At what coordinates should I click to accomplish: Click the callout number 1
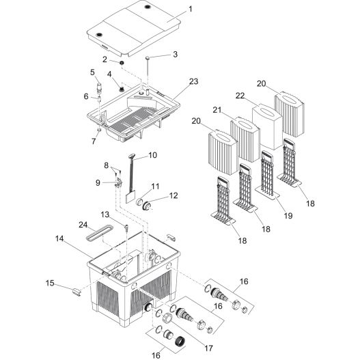pyautogui.click(x=190, y=9)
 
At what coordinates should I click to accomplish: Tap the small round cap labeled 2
pyautogui.click(x=122, y=64)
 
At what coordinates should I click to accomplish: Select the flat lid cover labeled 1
pyautogui.click(x=137, y=31)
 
